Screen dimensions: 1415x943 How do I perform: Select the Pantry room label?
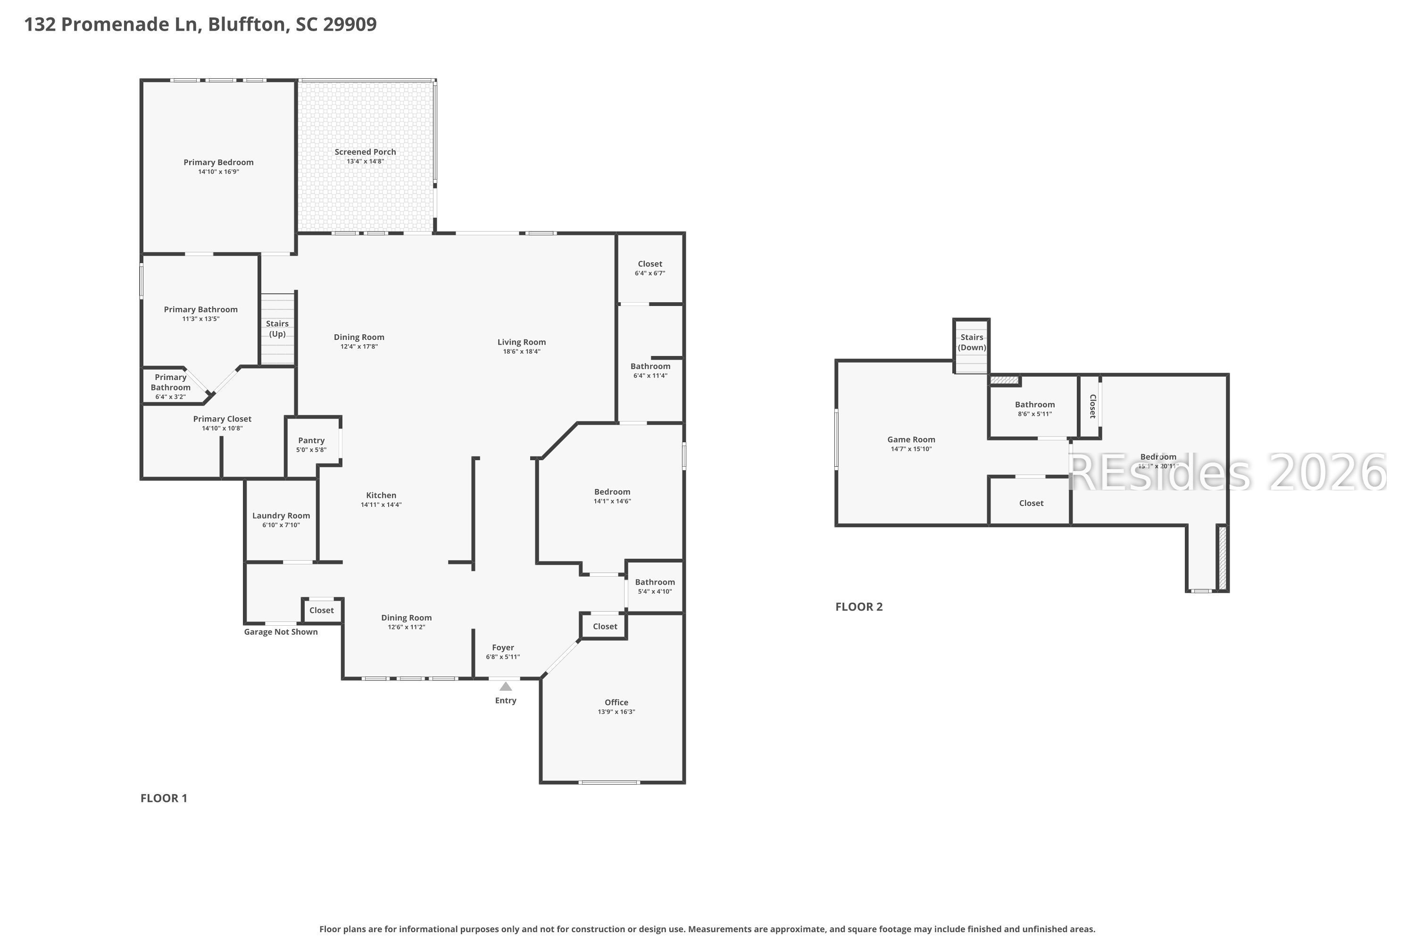pos(311,441)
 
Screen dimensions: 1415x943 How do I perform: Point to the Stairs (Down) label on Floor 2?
pos(972,343)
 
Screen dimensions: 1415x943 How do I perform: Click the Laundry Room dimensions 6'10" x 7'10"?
pos(281,525)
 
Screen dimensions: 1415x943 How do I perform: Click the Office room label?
pos(616,703)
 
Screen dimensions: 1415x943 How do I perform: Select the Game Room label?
pos(911,439)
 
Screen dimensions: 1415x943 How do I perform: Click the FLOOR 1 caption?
pos(164,798)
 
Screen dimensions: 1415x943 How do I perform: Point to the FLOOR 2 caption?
pos(859,607)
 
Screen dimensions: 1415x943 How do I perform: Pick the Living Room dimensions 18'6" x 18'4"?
pos(522,352)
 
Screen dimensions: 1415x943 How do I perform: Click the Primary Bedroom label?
pos(218,162)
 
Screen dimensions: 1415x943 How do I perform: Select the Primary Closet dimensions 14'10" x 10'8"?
pos(223,428)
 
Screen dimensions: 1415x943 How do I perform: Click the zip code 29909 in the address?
pos(350,24)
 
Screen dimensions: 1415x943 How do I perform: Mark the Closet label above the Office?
pos(605,627)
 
